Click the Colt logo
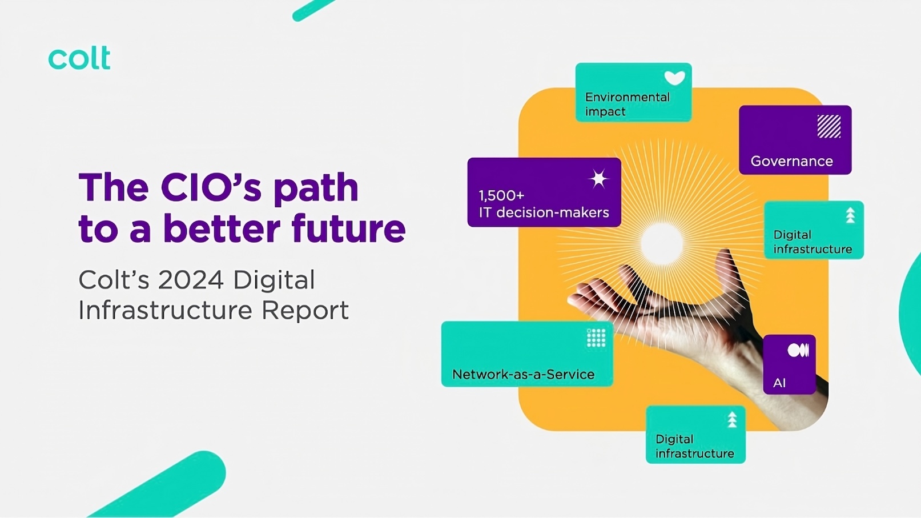(x=79, y=58)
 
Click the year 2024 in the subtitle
(x=191, y=280)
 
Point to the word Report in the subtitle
(x=305, y=310)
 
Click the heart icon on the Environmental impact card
(x=675, y=77)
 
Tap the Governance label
(x=791, y=161)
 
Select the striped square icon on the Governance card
(x=829, y=126)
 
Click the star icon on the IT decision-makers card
(x=598, y=179)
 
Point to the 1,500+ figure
(x=502, y=196)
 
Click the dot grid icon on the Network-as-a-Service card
(x=596, y=338)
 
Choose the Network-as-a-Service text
(x=523, y=374)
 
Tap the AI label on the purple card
(x=779, y=383)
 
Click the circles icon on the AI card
(x=798, y=350)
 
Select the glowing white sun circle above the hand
(x=662, y=244)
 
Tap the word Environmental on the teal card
(x=628, y=98)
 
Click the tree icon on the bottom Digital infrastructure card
(x=732, y=420)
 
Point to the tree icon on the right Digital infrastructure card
(x=850, y=215)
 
